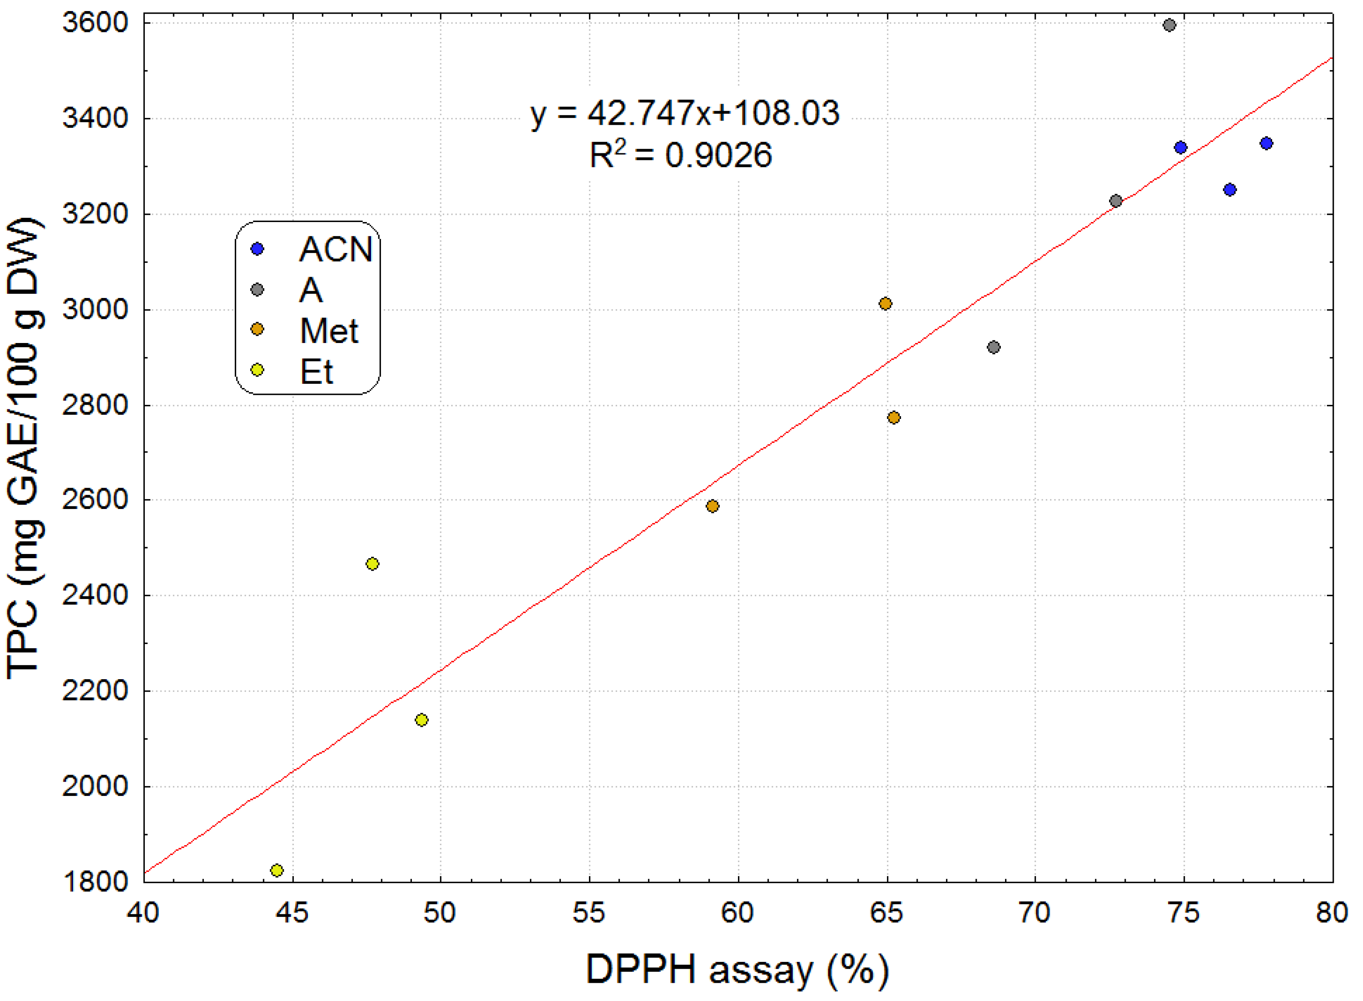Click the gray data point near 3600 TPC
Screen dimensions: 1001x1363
click(1169, 25)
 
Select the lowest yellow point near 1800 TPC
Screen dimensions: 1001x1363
click(276, 870)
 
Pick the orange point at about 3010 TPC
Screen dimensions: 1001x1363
click(885, 304)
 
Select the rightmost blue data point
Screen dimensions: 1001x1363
click(1266, 143)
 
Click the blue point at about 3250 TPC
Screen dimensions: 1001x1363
click(1230, 190)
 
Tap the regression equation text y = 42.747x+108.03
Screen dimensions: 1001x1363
click(685, 113)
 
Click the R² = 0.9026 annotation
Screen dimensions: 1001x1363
click(681, 155)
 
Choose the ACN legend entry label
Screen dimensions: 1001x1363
click(335, 249)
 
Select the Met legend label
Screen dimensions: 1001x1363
click(329, 331)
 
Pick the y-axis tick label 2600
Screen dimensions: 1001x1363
click(95, 500)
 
